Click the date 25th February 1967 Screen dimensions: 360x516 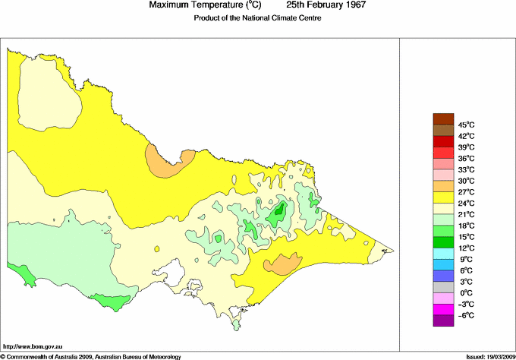click(x=327, y=5)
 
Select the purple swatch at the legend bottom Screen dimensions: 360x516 click(x=443, y=321)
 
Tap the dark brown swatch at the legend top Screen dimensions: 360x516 click(x=443, y=118)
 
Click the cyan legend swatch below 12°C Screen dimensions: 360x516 click(x=443, y=254)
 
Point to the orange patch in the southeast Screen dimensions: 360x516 click(x=282, y=264)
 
